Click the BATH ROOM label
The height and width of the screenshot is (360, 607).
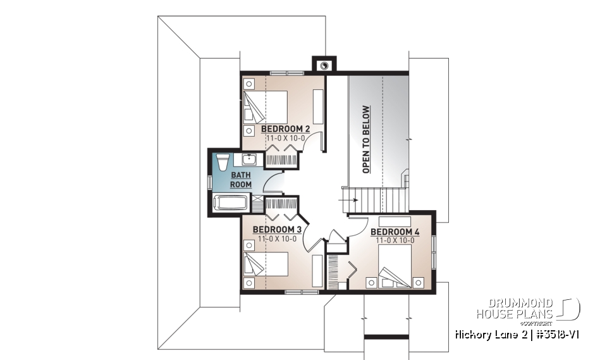[x=240, y=179]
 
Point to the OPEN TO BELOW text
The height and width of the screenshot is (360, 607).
[x=366, y=139]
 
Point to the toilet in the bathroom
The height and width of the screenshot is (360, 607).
[x=223, y=162]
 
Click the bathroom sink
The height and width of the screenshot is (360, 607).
[x=249, y=159]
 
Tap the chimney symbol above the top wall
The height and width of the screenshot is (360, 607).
[x=324, y=65]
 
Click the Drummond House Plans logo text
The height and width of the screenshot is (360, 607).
[x=515, y=308]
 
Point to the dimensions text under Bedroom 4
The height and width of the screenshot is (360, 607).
[x=395, y=240]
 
